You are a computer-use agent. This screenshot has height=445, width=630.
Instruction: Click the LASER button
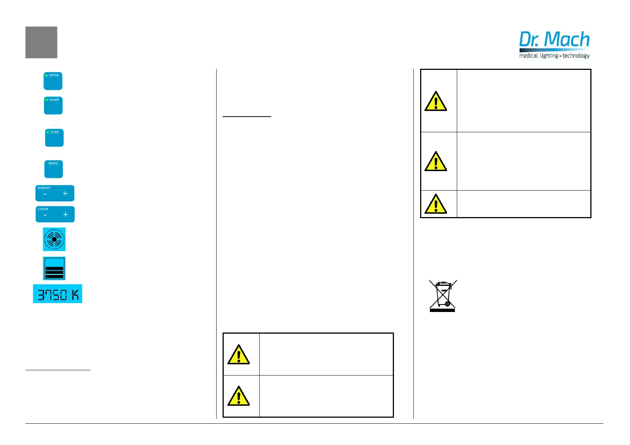[x=53, y=106]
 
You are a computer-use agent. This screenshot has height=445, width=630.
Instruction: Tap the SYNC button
[x=54, y=138]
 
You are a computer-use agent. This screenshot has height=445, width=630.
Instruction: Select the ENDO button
[x=53, y=169]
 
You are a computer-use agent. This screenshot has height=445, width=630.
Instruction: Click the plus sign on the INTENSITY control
[x=65, y=194]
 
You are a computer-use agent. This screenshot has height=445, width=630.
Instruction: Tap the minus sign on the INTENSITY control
[x=45, y=194]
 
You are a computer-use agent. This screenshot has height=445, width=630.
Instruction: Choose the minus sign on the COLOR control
[x=45, y=215]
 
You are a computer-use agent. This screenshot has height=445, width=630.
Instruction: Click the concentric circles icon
[x=54, y=239]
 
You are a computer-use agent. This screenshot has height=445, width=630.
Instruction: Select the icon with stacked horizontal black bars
[x=54, y=269]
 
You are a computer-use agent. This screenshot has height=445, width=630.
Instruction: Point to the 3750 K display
[x=58, y=294]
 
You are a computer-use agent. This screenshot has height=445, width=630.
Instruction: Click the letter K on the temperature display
[x=75, y=295]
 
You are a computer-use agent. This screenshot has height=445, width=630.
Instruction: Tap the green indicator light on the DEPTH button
[x=46, y=75]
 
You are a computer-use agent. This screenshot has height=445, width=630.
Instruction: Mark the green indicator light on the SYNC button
[x=48, y=132]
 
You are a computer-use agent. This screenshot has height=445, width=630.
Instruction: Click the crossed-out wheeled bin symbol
[x=443, y=296]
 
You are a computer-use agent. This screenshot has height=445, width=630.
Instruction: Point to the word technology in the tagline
[x=576, y=56]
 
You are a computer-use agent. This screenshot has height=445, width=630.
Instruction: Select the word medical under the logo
[x=528, y=56]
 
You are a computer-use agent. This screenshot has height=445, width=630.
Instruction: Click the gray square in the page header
[x=41, y=43]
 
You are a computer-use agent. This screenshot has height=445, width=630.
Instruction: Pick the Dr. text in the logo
[x=529, y=40]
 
